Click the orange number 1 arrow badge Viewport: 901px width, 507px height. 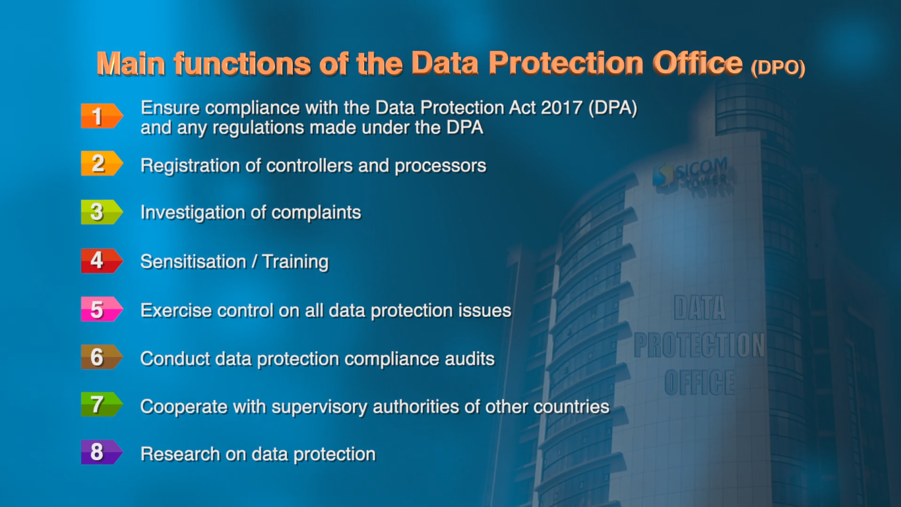[x=101, y=116]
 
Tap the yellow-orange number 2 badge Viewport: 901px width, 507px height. [x=101, y=164]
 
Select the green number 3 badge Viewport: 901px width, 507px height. [x=101, y=212]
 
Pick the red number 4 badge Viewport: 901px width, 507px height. [x=101, y=261]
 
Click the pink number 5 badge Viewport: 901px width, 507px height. [x=101, y=310]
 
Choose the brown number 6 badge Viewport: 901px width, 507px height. [x=101, y=358]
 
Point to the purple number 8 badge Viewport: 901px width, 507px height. [x=101, y=453]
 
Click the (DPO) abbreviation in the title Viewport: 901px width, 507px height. [x=778, y=69]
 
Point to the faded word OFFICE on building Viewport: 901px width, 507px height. [x=699, y=382]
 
